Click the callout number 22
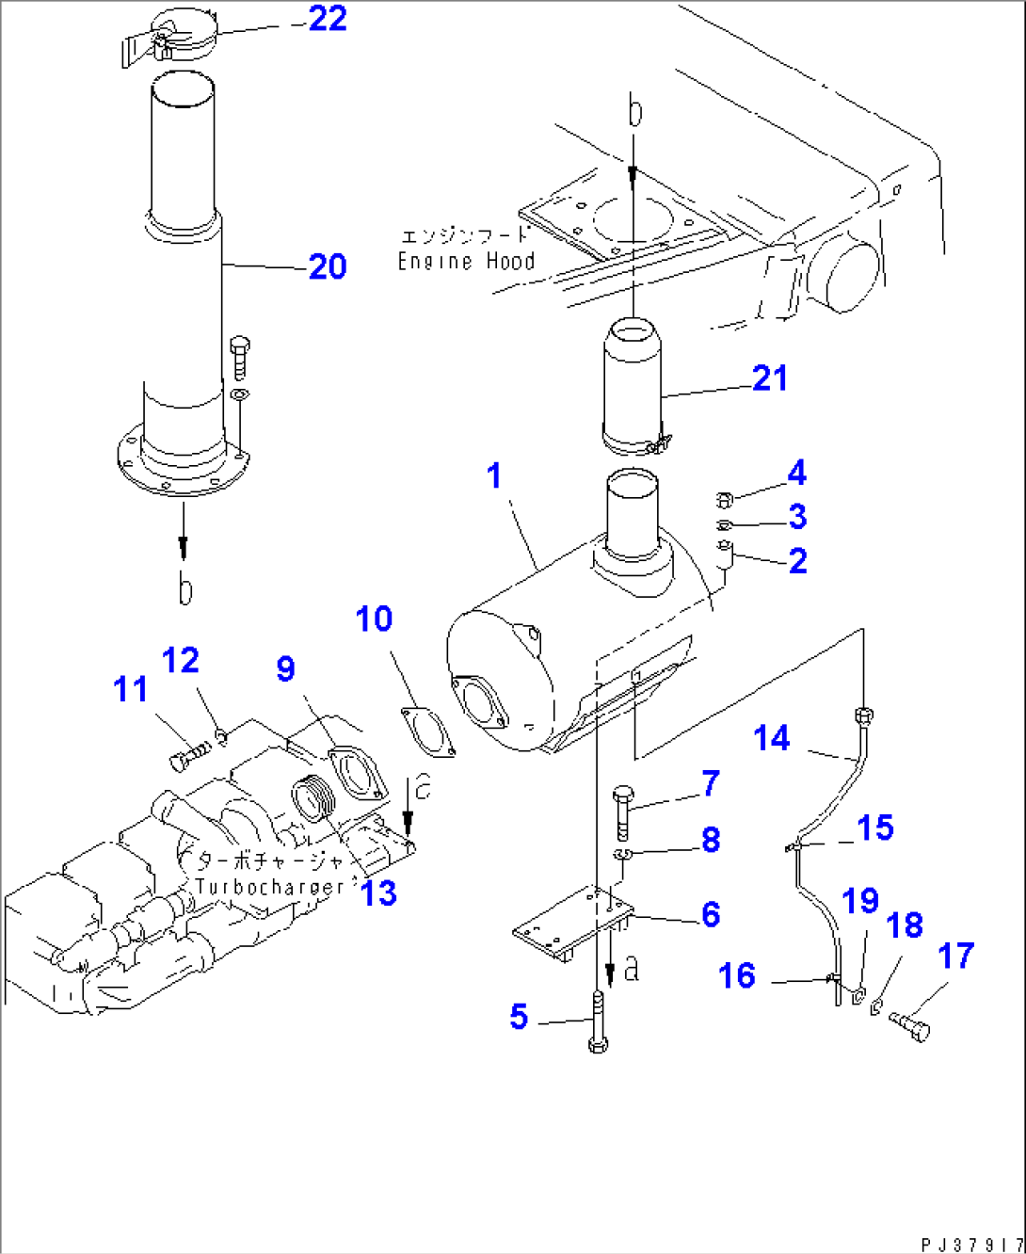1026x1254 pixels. point(327,19)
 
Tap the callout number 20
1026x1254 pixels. point(327,267)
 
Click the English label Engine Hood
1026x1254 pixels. point(466,262)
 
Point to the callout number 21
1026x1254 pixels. point(769,378)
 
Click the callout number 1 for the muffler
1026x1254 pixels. point(495,476)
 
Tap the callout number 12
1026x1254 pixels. point(180,661)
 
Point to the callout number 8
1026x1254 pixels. point(711,840)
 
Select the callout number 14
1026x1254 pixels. point(772,739)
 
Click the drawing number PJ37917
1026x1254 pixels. point(970,1243)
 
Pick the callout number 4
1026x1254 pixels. point(796,474)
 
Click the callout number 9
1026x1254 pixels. point(285,669)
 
